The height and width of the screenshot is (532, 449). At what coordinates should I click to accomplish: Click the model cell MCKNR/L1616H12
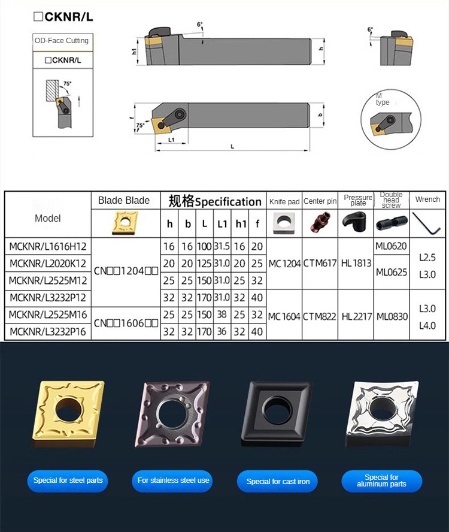48,246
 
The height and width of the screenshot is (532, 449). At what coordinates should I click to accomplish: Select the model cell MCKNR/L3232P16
48,331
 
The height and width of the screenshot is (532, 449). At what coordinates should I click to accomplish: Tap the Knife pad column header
284,202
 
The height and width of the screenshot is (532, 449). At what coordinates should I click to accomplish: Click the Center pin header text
320,201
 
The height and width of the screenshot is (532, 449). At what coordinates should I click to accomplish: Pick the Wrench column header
427,199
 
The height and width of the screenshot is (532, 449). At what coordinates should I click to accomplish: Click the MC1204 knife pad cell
284,263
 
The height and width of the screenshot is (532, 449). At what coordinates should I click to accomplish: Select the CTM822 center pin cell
320,316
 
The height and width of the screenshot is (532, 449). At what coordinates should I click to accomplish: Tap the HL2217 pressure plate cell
356,316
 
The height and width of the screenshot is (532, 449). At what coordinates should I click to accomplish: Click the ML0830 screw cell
392,316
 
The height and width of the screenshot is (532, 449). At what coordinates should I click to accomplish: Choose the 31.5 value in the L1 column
222,246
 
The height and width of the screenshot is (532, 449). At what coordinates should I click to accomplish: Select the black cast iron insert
277,413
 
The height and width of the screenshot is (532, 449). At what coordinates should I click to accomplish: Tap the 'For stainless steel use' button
173,480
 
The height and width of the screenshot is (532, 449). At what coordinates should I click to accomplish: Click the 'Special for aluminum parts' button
381,481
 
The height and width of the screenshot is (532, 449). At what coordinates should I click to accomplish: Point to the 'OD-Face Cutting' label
62,41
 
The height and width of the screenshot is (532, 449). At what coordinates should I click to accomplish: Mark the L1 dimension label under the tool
171,140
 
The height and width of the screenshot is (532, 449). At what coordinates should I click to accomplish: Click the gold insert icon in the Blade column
125,223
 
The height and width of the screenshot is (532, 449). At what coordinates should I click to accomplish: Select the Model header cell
48,218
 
